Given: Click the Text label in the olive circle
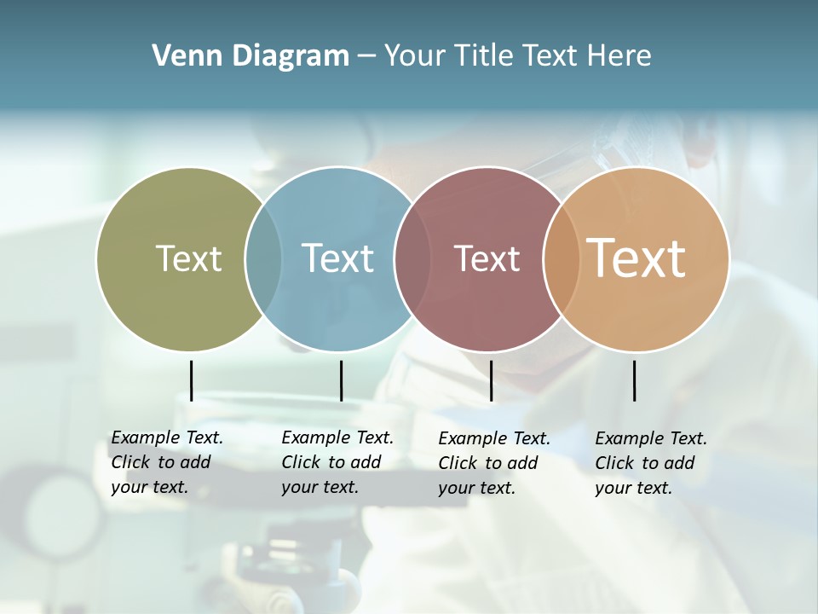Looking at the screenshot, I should (x=188, y=258).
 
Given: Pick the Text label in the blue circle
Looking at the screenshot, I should (x=337, y=258).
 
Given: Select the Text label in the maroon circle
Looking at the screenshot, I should (x=487, y=258).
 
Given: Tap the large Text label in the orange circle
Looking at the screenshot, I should (x=637, y=258).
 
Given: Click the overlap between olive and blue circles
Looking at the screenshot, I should (x=263, y=258).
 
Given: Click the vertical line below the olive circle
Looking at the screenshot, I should (x=191, y=380).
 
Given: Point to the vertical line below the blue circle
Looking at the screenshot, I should (x=341, y=380).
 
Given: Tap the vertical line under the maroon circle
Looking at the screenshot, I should (x=491, y=380).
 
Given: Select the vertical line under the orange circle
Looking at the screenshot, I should (x=634, y=380).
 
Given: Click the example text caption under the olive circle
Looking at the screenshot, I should (x=167, y=462).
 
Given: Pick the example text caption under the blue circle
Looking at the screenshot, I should (x=337, y=462).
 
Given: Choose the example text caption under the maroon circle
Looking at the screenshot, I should (x=494, y=463).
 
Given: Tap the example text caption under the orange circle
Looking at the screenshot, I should (x=651, y=463).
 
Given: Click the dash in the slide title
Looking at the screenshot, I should (x=366, y=57).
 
